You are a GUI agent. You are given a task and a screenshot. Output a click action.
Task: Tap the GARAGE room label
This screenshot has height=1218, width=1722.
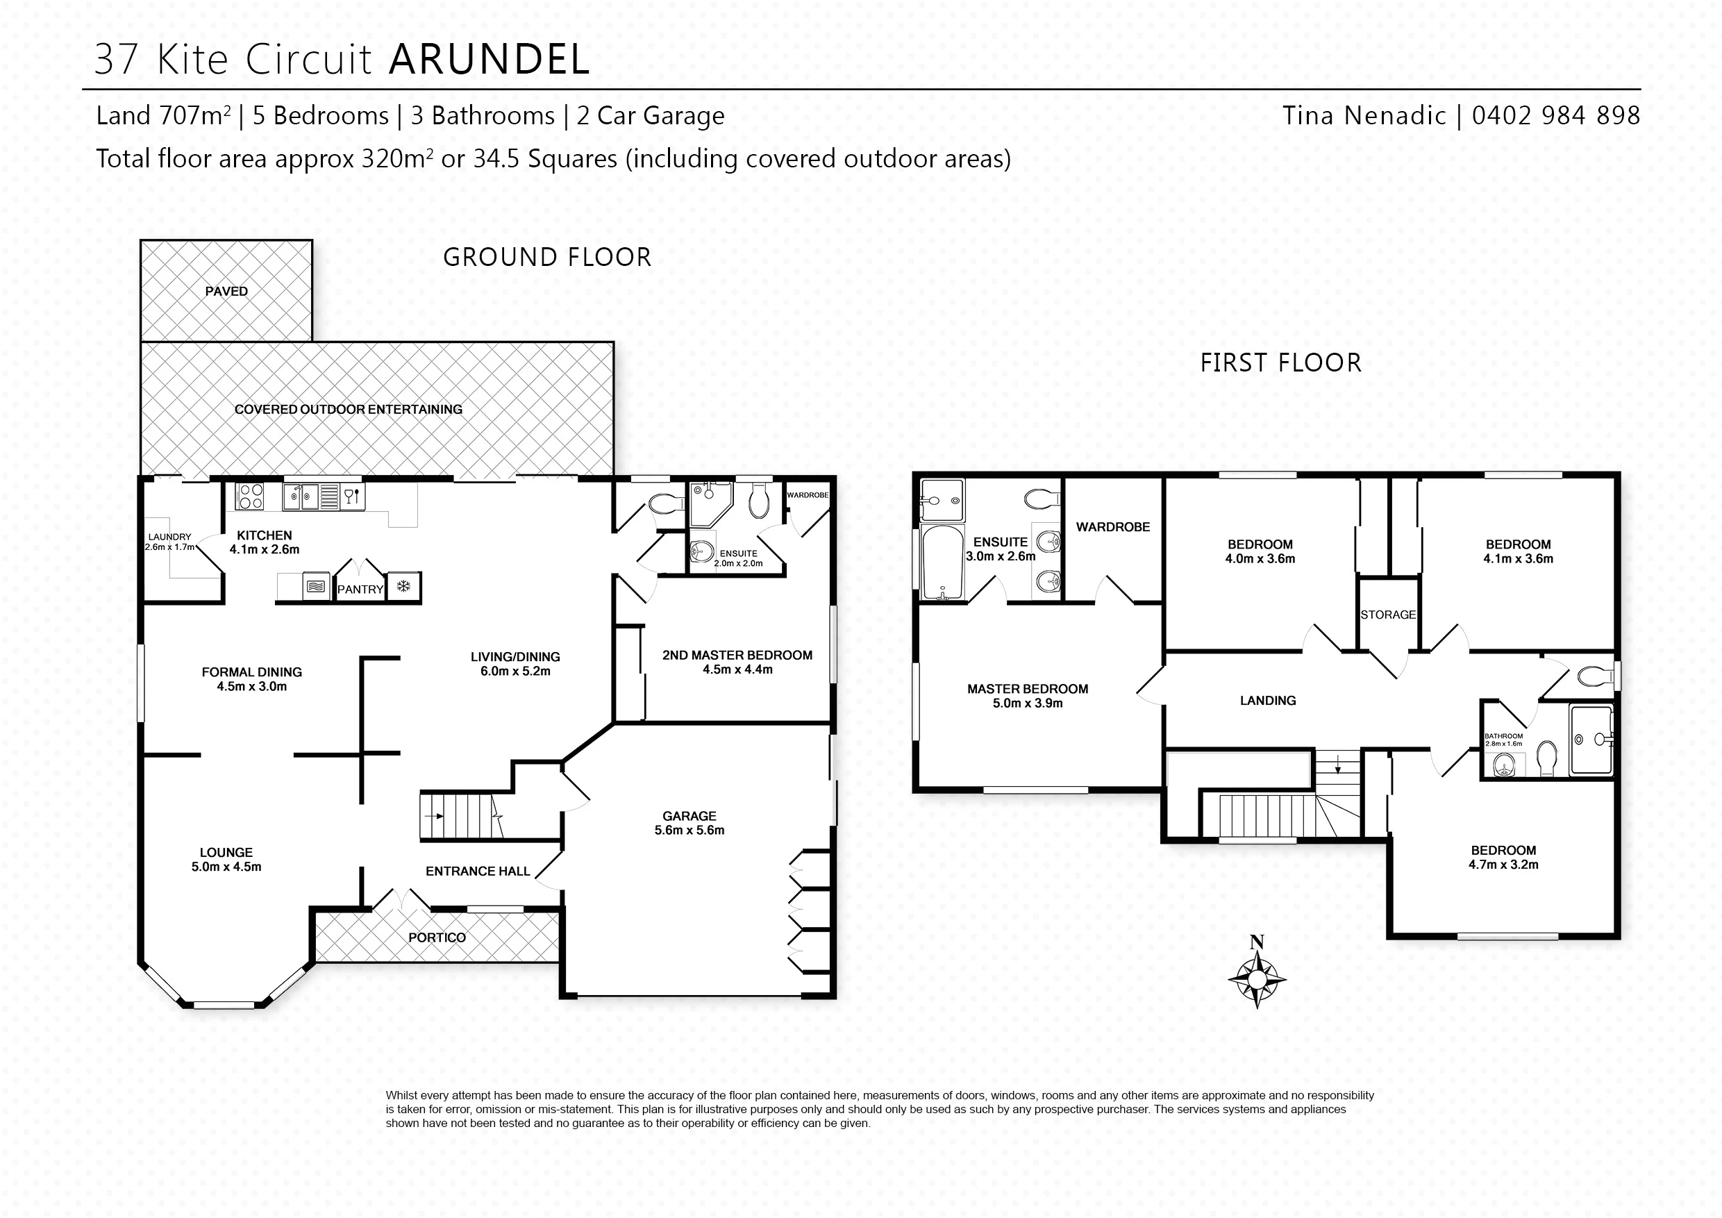(x=689, y=816)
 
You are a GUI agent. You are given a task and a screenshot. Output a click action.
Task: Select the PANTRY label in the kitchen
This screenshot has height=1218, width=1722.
(x=360, y=590)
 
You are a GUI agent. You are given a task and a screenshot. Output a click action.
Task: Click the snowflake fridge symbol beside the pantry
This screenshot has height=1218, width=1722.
(x=403, y=587)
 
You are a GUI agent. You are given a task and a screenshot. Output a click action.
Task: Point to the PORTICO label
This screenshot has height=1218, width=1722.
(x=437, y=937)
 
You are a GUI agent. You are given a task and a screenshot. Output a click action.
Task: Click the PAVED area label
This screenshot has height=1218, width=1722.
(x=226, y=291)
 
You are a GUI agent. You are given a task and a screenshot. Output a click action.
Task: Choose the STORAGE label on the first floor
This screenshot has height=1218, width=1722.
(x=1388, y=615)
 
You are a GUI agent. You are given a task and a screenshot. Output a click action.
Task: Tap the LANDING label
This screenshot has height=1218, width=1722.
(x=1269, y=701)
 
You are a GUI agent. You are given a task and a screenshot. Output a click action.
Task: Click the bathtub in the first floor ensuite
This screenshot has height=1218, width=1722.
(x=942, y=562)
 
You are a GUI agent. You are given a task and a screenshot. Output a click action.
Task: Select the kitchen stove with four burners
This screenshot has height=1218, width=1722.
(x=250, y=497)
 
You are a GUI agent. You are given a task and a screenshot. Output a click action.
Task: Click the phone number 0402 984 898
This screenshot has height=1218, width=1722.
(x=1556, y=115)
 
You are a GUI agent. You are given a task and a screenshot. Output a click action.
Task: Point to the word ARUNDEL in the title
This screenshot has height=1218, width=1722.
(x=490, y=59)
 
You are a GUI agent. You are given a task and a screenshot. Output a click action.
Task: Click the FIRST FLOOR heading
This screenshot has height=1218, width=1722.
(x=1281, y=363)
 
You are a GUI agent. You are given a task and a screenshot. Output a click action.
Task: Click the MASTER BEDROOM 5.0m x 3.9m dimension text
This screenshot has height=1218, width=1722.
(x=1028, y=703)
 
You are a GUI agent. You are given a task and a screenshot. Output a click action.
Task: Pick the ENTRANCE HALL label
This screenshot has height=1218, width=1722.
(x=478, y=871)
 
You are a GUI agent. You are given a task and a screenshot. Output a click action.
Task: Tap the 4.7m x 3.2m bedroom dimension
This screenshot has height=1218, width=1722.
(x=1504, y=865)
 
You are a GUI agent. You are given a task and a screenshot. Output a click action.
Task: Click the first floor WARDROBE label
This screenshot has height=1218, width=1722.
(x=1113, y=527)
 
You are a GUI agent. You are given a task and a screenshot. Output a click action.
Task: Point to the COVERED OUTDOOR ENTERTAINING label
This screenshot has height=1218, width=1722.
(x=349, y=410)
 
